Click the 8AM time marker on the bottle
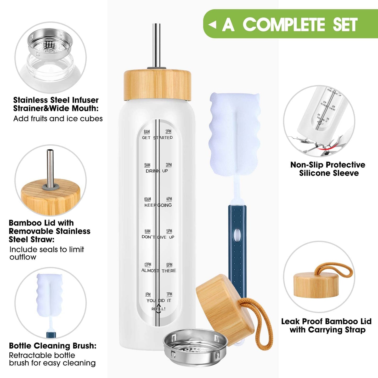(x=147, y=132)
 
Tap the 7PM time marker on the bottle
(x=169, y=294)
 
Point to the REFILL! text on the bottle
(x=159, y=309)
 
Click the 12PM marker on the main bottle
(x=148, y=264)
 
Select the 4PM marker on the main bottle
(x=169, y=199)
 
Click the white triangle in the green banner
(x=212, y=25)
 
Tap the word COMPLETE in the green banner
(x=284, y=25)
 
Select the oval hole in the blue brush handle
(x=237, y=235)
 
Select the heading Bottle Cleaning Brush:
(x=53, y=346)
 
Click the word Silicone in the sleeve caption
(x=315, y=173)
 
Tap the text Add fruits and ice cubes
(x=58, y=119)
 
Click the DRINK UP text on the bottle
(x=157, y=171)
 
